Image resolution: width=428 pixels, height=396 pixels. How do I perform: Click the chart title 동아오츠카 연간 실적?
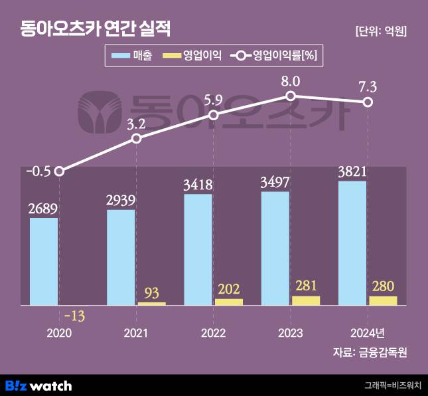click(x=95, y=29)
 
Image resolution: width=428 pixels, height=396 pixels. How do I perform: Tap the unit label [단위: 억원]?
click(x=382, y=31)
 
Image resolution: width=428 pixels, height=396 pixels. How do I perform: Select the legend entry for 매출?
click(x=133, y=56)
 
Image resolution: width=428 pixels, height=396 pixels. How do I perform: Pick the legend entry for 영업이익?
click(x=192, y=56)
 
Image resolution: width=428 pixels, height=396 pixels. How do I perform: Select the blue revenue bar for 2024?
click(x=352, y=243)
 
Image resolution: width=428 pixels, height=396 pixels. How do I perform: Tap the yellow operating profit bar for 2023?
click(x=306, y=300)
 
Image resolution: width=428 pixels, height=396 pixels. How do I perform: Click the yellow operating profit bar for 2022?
click(x=229, y=302)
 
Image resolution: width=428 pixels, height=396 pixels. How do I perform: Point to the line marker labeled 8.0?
click(x=291, y=96)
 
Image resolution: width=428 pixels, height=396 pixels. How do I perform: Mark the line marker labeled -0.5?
click(x=59, y=171)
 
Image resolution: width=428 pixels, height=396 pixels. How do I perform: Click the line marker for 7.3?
click(x=368, y=102)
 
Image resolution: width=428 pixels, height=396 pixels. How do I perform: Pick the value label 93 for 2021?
click(x=151, y=292)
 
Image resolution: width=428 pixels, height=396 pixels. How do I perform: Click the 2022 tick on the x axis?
click(x=214, y=332)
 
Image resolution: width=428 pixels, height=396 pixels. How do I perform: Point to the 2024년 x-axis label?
click(x=367, y=332)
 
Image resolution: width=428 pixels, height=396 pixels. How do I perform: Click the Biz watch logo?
click(x=38, y=385)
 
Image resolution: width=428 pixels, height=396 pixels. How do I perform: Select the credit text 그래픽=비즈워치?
click(x=393, y=385)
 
